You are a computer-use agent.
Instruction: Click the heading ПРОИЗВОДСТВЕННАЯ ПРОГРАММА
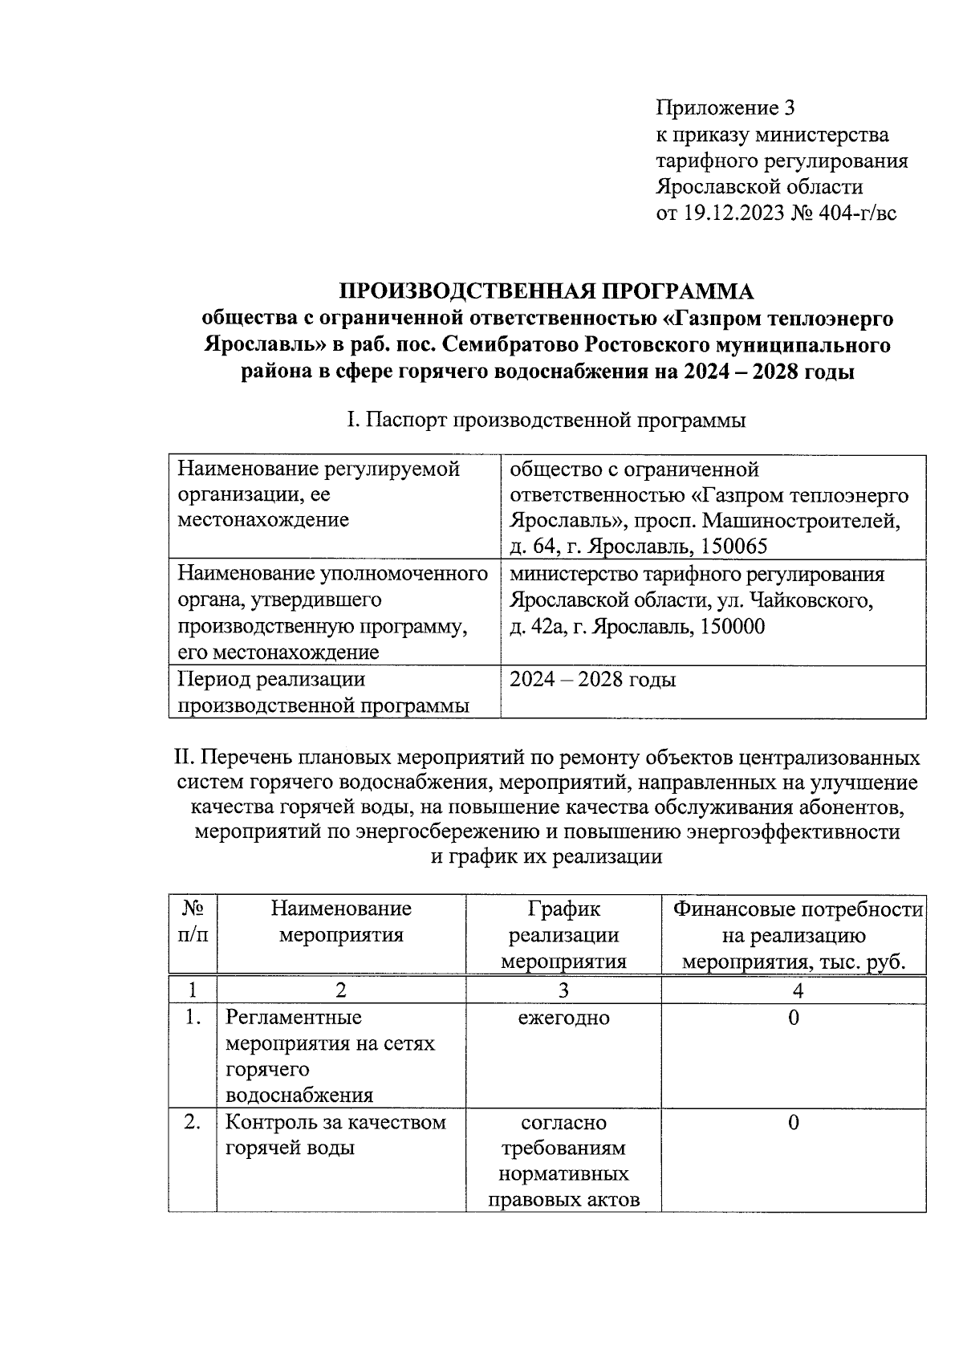547,291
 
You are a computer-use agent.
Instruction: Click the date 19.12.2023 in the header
733,213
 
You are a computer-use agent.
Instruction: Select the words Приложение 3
725,107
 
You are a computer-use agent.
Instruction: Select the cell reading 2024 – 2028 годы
593,680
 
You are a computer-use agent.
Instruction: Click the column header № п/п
193,921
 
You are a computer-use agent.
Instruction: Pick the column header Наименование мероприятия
341,921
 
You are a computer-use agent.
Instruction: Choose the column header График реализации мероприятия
563,934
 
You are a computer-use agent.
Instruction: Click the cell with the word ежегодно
563,1018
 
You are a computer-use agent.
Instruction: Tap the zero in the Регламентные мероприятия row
794,1018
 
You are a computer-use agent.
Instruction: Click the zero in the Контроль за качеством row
794,1122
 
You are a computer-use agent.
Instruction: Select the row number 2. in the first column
192,1122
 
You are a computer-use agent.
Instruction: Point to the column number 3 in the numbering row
563,990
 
